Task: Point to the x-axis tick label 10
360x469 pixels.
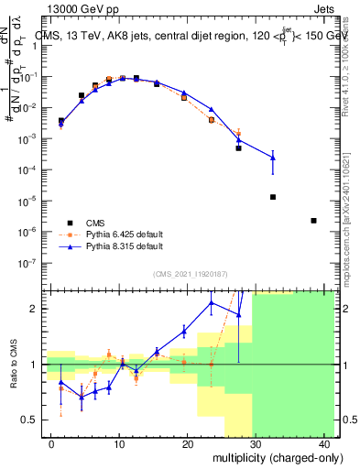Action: [118, 444]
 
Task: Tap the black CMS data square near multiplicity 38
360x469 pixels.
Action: [314, 221]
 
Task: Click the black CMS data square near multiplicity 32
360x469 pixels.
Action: [273, 197]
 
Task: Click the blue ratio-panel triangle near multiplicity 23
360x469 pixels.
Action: [212, 301]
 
